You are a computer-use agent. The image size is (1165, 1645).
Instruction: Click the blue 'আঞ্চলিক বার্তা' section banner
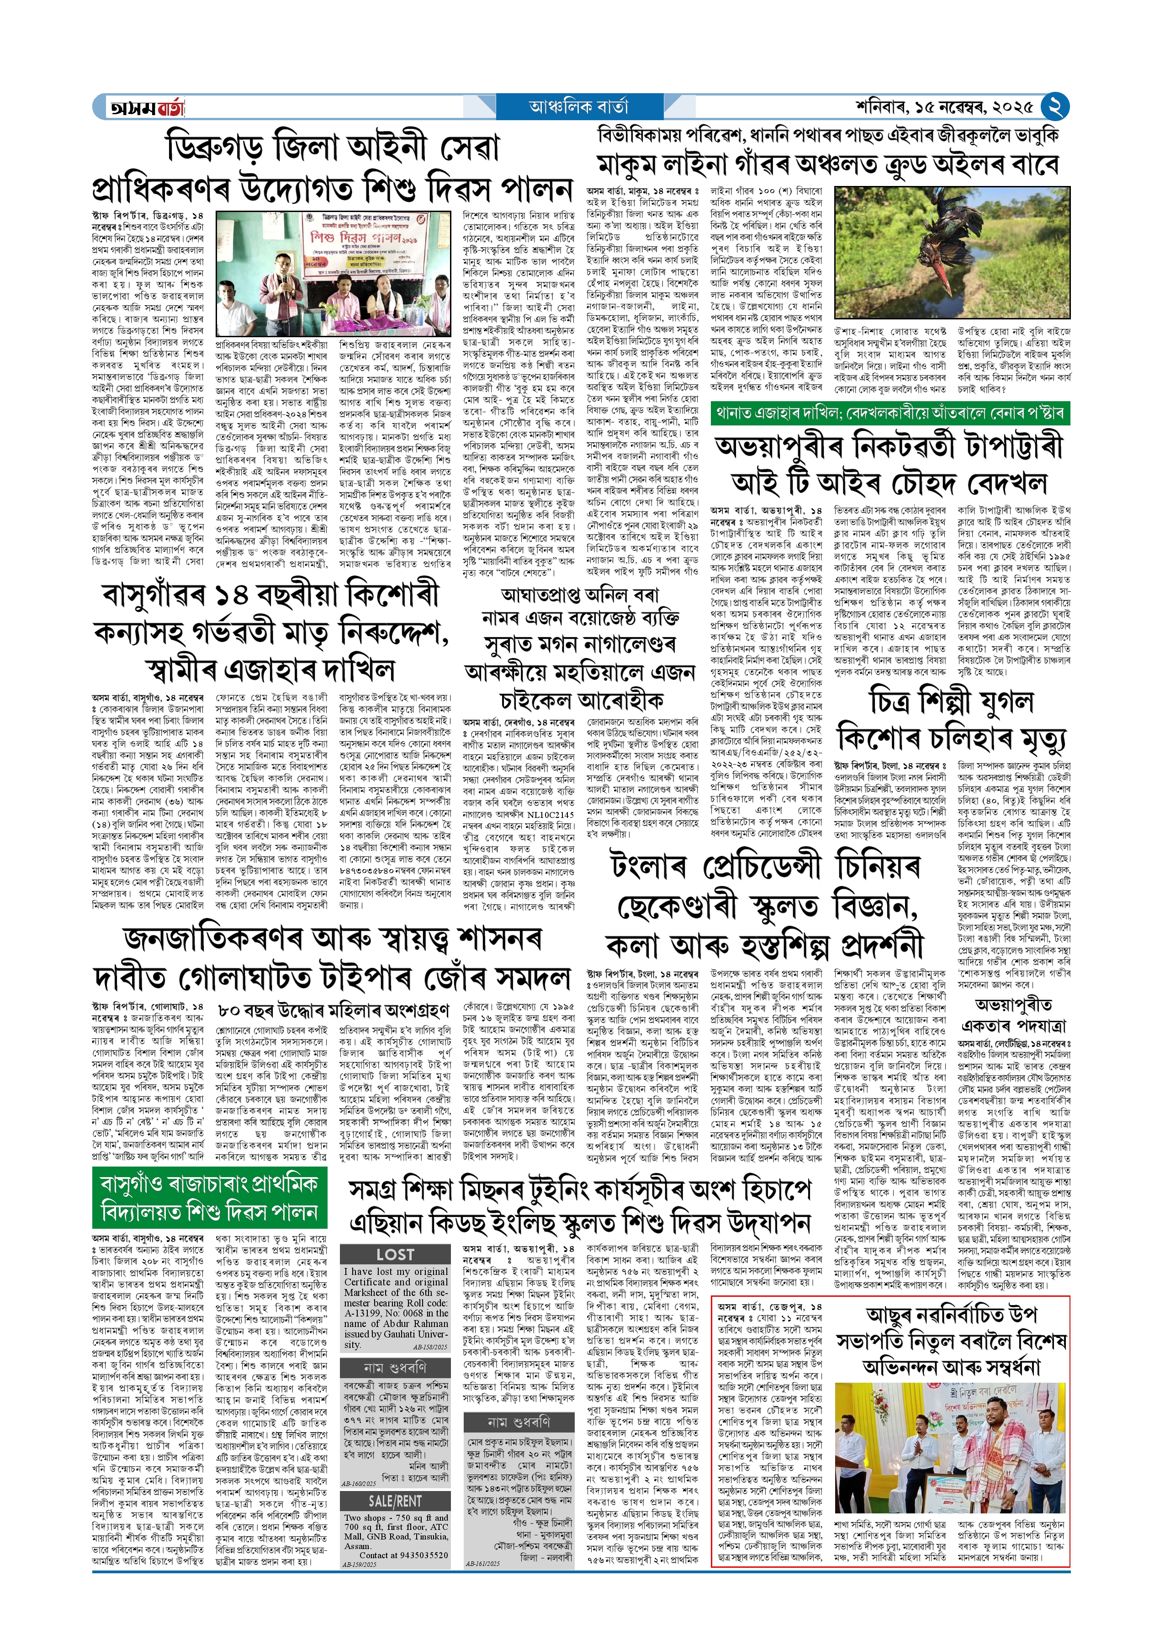579,107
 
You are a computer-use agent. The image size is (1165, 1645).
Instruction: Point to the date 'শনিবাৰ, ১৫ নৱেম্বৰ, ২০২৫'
944,107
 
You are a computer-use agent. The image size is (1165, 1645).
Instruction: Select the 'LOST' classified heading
395,1254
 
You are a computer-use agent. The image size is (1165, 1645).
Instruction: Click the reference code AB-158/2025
430,1347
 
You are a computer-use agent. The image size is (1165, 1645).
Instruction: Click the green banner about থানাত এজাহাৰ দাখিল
890,413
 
